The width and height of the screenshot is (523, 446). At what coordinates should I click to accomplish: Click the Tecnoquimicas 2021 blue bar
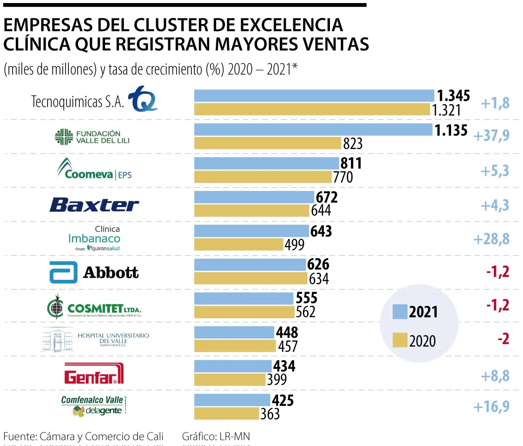[314, 95]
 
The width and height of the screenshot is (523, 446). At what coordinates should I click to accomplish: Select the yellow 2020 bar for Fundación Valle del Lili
[267, 143]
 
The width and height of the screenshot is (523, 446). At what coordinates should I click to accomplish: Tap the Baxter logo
[94, 204]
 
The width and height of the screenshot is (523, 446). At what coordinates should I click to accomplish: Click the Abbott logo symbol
[63, 272]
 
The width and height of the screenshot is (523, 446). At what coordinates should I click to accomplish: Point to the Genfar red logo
[94, 374]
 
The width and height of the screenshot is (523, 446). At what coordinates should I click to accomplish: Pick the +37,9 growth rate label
[491, 135]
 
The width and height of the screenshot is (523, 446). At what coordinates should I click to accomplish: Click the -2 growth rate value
[503, 339]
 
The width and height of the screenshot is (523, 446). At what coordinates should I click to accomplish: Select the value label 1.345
[453, 95]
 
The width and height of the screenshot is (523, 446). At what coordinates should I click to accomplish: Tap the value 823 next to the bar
[353, 143]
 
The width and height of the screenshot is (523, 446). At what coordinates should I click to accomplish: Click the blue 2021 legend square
[400, 311]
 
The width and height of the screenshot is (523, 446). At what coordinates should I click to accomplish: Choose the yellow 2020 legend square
[400, 340]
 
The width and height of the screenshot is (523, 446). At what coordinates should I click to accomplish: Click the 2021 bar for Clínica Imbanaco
[251, 231]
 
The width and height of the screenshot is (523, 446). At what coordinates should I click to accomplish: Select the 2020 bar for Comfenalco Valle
[226, 413]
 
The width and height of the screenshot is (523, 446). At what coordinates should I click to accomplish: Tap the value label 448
[287, 333]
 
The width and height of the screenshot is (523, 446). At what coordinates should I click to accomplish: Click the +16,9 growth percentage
[491, 406]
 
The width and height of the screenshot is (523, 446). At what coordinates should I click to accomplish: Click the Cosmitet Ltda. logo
[94, 307]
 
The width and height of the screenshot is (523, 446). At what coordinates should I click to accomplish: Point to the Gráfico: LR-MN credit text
[216, 436]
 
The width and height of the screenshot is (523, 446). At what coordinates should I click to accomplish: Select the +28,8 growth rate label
[491, 239]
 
